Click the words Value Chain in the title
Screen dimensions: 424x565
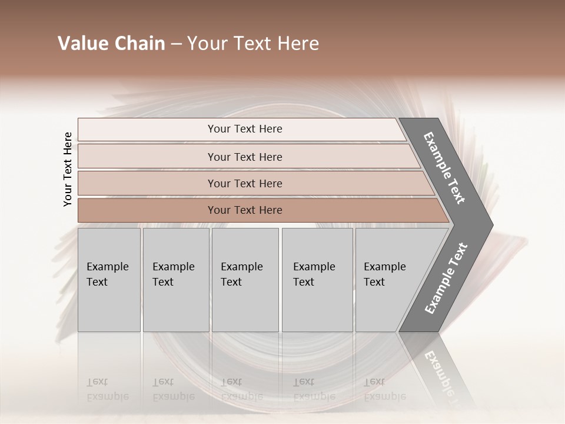(x=111, y=44)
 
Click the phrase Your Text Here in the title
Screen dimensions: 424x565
(x=253, y=44)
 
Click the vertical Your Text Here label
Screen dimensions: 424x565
(x=68, y=170)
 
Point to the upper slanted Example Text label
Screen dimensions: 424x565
(x=444, y=168)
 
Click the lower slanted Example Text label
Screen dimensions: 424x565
(x=446, y=279)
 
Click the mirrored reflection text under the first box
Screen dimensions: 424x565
(x=107, y=389)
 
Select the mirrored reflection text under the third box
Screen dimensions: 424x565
(x=241, y=389)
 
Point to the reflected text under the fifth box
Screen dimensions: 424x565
(x=384, y=389)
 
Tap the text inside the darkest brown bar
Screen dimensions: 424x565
(x=245, y=210)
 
